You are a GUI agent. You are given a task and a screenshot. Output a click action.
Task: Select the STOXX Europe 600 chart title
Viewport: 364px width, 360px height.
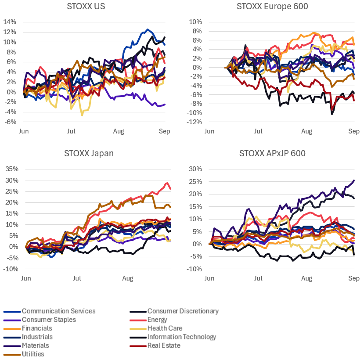[272, 7]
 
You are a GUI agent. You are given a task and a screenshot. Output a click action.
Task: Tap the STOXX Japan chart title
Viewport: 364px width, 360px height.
[89, 153]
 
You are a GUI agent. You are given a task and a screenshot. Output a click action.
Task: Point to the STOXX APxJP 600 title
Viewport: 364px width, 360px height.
[272, 153]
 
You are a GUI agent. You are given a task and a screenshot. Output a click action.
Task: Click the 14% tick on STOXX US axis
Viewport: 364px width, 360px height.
[10, 22]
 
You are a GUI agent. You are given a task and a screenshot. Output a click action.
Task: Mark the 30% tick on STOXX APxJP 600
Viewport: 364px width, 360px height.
[195, 169]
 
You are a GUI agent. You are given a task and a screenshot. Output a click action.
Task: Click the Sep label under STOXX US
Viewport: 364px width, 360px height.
[165, 131]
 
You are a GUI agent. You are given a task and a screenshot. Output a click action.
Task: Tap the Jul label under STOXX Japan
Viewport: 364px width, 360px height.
[77, 278]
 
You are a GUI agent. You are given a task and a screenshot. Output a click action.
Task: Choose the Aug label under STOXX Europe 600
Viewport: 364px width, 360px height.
[306, 131]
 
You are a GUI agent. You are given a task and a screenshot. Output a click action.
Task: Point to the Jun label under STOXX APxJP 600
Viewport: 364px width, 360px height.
[210, 278]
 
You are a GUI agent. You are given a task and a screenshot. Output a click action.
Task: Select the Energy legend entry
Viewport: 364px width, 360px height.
[157, 320]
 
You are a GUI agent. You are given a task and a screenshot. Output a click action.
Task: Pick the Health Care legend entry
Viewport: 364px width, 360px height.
[165, 328]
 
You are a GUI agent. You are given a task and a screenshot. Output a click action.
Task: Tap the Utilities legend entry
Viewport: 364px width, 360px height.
[33, 354]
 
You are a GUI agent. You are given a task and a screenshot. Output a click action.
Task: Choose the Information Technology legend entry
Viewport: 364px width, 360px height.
[182, 337]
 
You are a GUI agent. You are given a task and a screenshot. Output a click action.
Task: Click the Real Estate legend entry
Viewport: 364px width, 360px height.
[164, 346]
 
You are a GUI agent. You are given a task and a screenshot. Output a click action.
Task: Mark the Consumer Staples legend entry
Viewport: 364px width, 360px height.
[49, 320]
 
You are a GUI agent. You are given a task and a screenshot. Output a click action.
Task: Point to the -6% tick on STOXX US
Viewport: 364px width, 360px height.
[11, 122]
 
